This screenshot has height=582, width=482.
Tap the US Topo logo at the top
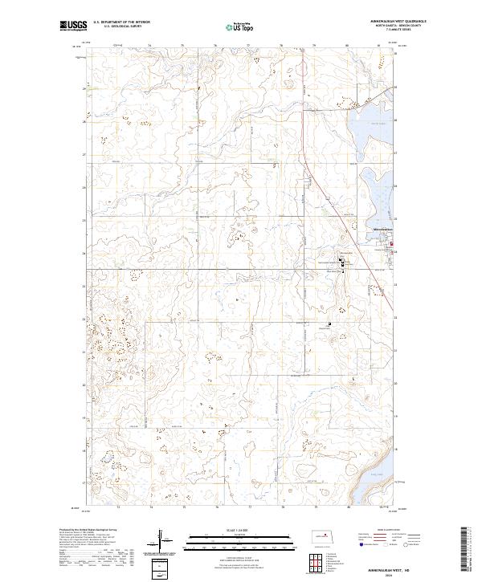pos(233,26)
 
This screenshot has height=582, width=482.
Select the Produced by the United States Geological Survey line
pos(88,530)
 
